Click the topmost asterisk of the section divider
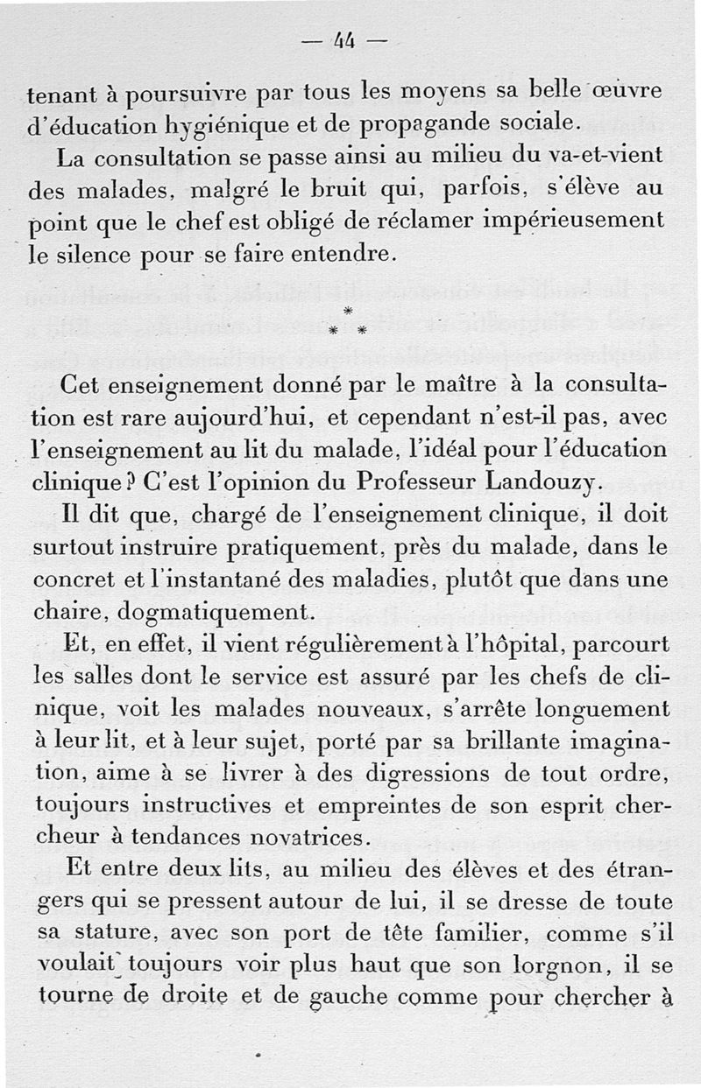point(347,312)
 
